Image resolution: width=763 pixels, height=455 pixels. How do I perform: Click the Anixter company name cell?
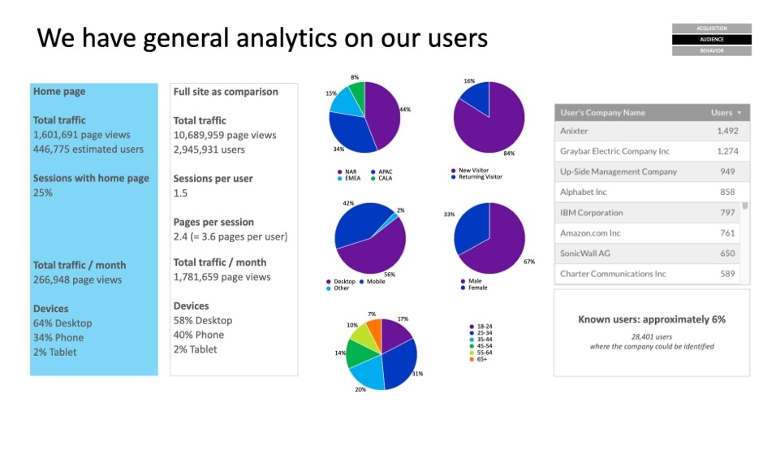[574, 131]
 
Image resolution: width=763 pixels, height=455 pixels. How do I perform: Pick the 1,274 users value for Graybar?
[727, 151]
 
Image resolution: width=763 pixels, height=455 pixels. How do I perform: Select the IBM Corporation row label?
[591, 213]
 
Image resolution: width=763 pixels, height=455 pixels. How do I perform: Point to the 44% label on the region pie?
[405, 110]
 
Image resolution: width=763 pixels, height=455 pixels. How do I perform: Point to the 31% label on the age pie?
[417, 374]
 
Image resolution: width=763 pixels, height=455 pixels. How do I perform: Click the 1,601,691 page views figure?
[81, 135]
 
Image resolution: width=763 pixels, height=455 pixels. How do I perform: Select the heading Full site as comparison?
[226, 92]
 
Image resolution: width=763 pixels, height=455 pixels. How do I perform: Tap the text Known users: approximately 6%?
[652, 319]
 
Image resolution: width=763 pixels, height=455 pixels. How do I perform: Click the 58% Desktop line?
[203, 321]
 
